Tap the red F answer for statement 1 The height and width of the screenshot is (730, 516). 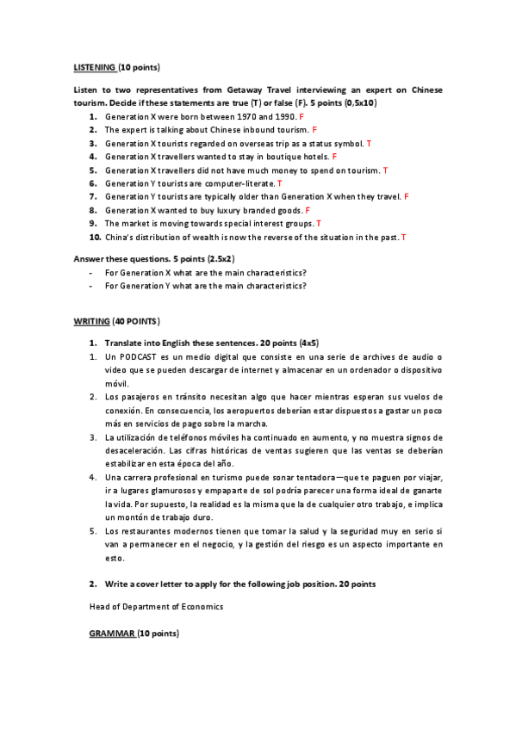click(302, 115)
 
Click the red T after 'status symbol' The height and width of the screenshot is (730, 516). click(369, 143)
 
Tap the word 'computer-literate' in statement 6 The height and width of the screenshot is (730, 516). click(241, 183)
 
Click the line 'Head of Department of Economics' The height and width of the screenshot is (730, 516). click(156, 606)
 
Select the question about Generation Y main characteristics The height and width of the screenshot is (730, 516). click(206, 286)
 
